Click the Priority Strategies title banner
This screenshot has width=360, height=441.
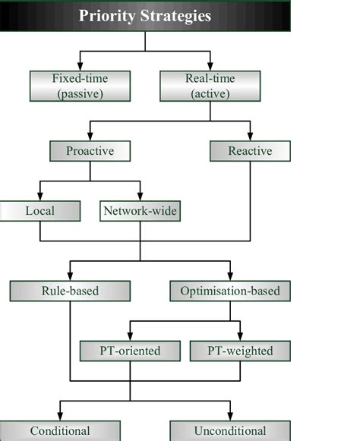[145, 16]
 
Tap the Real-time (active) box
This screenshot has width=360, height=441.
[210, 86]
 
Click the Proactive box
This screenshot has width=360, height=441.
[90, 151]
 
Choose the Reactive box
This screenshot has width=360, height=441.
[250, 151]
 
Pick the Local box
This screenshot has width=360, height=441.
[39, 211]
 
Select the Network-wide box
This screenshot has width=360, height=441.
[140, 211]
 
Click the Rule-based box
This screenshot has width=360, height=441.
[70, 291]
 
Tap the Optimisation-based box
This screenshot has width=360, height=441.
[230, 291]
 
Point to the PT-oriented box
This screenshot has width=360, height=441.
[130, 351]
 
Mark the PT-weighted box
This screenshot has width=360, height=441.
[240, 351]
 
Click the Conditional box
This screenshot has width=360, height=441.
[60, 431]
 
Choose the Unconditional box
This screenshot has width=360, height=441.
[229, 431]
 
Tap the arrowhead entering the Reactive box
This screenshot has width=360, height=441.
[250, 137]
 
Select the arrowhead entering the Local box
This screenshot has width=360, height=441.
[39, 197]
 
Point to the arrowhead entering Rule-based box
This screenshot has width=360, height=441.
[70, 276]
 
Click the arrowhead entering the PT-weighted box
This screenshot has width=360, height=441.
[240, 336]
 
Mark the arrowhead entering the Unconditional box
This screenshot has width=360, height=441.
[229, 417]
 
